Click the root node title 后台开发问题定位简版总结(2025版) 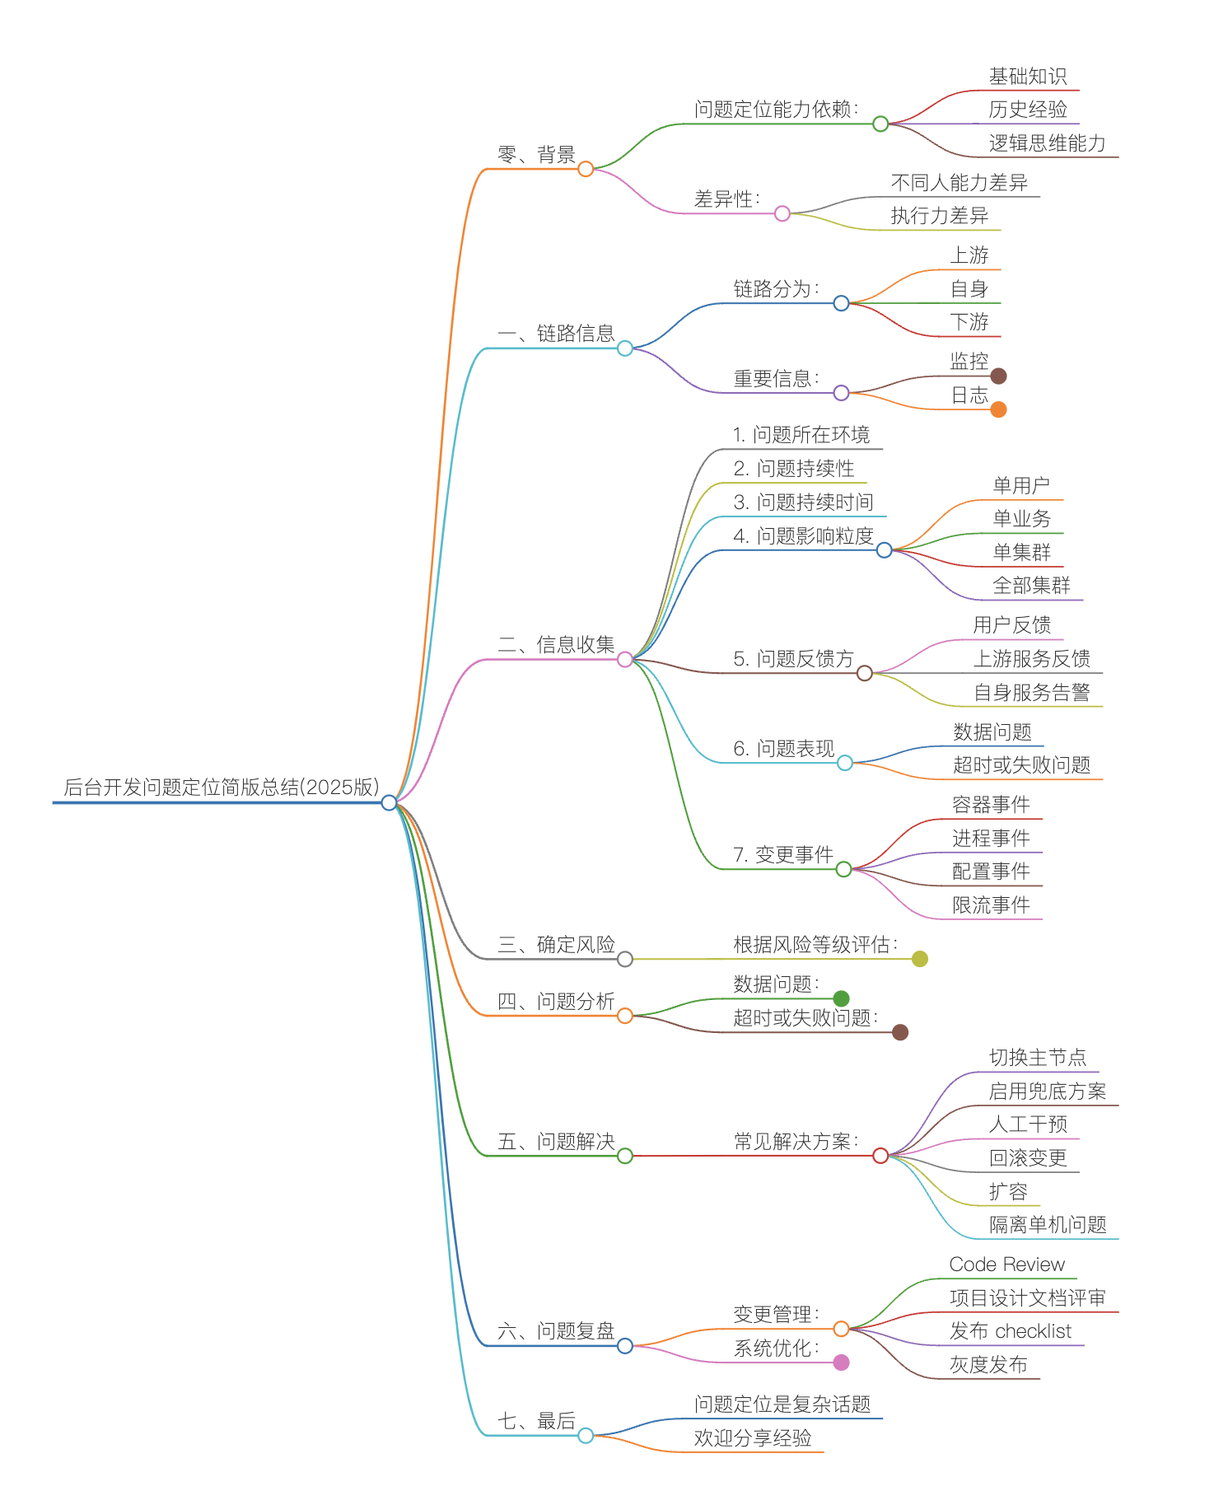click(222, 787)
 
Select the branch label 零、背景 click(536, 154)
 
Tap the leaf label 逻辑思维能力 click(1048, 143)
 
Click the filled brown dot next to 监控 click(998, 376)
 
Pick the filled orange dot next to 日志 click(998, 409)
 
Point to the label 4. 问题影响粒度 click(803, 535)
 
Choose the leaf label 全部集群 click(1032, 585)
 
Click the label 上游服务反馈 click(1032, 658)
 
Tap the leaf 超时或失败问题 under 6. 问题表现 click(1021, 764)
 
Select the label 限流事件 click(991, 904)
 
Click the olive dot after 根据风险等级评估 click(920, 959)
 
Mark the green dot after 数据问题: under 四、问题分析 click(841, 999)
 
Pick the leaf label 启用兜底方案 click(1048, 1091)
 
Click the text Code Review click(1007, 1264)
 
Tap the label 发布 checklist click(1011, 1330)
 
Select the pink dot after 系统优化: click(841, 1362)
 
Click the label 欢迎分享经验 click(753, 1437)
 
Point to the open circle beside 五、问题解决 click(625, 1156)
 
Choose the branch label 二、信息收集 click(556, 644)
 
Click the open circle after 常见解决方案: click(880, 1156)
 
